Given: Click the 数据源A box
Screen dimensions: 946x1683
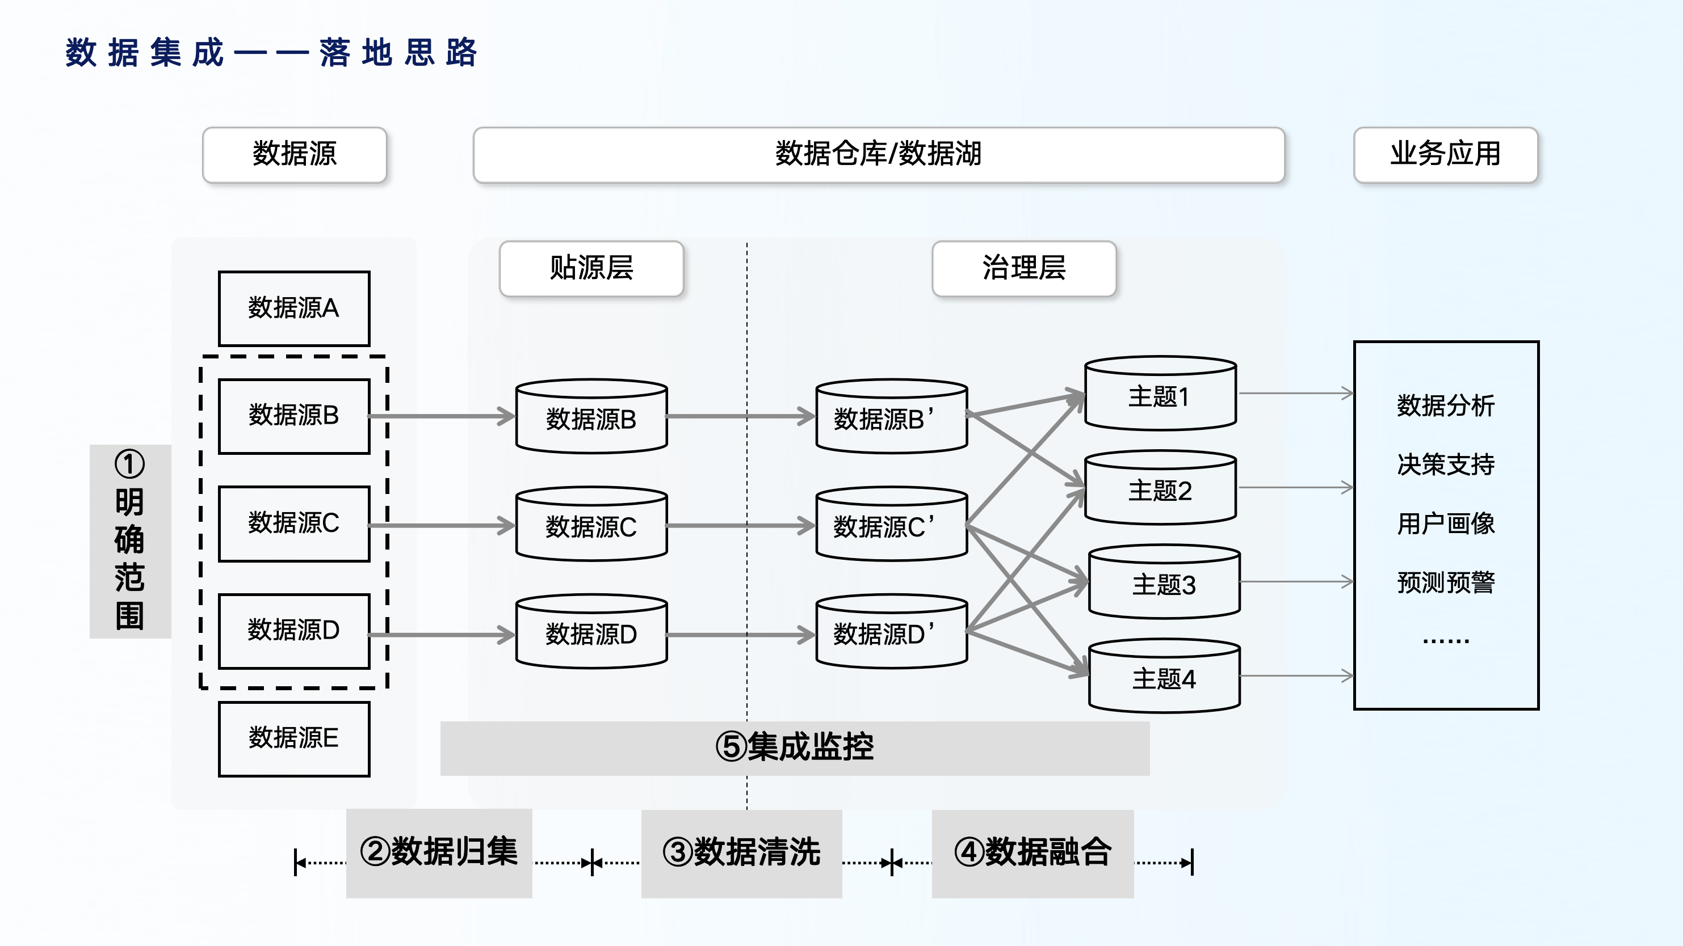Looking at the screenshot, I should (293, 308).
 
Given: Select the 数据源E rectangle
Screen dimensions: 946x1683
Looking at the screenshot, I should (293, 738).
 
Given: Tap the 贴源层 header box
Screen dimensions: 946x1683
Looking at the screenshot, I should (591, 268).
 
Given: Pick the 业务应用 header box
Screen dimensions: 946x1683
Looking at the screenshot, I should (1445, 155).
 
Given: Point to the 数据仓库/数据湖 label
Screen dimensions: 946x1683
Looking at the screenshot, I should (878, 155).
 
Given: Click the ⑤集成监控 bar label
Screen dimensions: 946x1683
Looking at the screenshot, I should (795, 747).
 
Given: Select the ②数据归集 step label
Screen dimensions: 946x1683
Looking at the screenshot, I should (439, 852).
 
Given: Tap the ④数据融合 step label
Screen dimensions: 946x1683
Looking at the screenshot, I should (1033, 852).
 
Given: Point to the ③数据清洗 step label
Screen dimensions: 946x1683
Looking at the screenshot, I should (741, 852).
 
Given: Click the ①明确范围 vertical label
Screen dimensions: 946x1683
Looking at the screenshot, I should (129, 540).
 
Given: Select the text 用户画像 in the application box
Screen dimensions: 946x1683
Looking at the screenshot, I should (1445, 523).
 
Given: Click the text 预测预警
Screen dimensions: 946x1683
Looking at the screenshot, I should (1445, 582).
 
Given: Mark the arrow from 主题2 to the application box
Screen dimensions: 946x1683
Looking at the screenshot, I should (1295, 488).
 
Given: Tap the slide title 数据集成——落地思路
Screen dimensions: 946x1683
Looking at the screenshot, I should (271, 53).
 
